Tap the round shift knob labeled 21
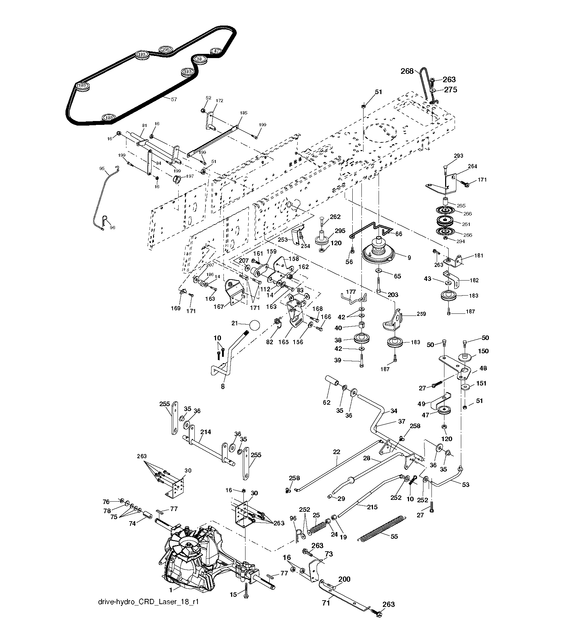pyautogui.click(x=255, y=325)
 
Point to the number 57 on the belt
pyautogui.click(x=174, y=99)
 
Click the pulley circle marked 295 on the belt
pyautogui.click(x=165, y=50)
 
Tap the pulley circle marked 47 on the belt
pyautogui.click(x=216, y=51)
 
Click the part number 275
pyautogui.click(x=451, y=90)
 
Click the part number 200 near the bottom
pyautogui.click(x=344, y=579)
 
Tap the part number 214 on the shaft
pyautogui.click(x=206, y=432)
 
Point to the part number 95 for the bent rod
pyautogui.click(x=102, y=168)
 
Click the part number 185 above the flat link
pyautogui.click(x=243, y=113)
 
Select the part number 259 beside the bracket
pyautogui.click(x=421, y=314)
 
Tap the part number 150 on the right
pyautogui.click(x=483, y=351)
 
